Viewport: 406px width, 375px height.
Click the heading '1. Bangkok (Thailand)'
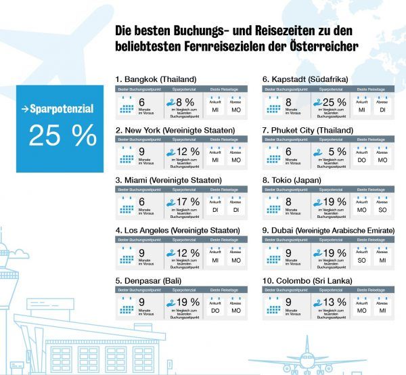coord(156,80)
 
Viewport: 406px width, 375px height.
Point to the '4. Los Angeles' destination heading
coord(177,230)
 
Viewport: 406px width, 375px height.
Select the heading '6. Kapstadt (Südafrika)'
coord(307,80)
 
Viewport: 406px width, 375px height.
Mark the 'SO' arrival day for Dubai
coord(361,259)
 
